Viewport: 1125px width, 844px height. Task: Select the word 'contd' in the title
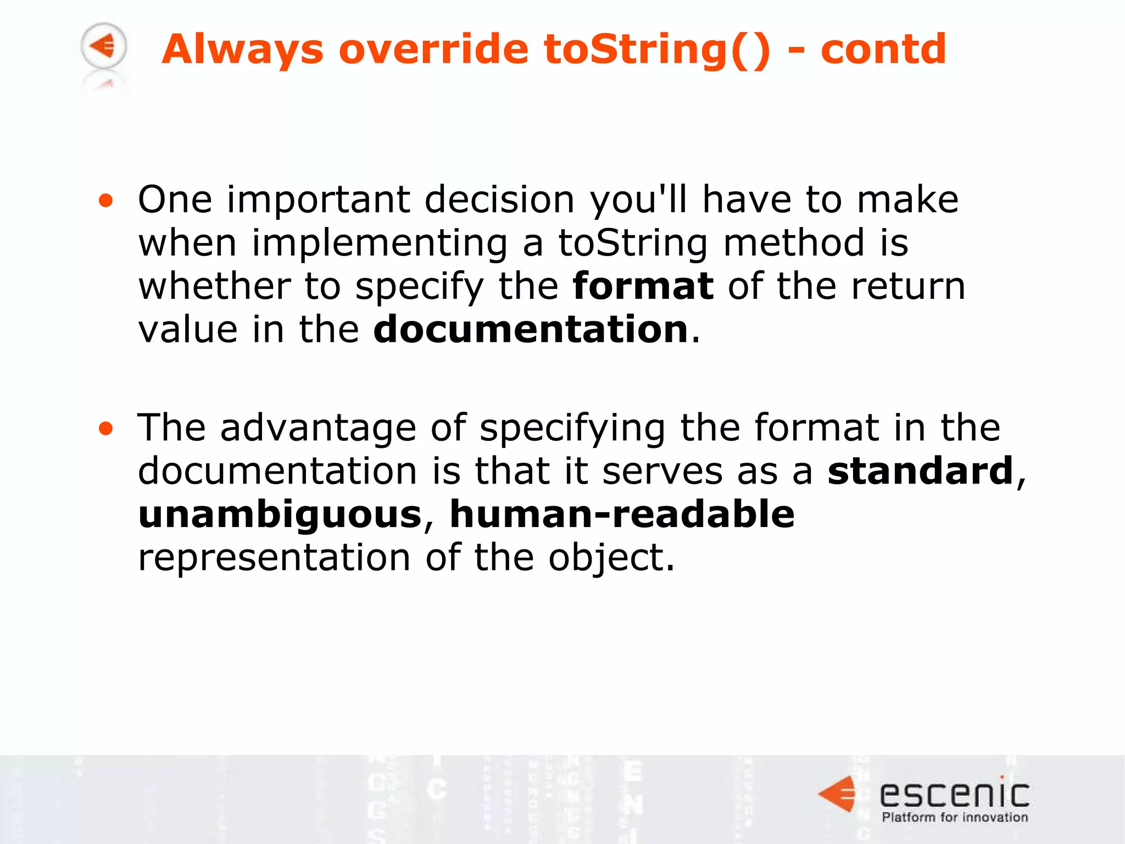click(x=883, y=49)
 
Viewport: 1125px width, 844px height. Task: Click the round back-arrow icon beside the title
click(x=104, y=46)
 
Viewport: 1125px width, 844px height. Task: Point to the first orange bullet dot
click(x=105, y=201)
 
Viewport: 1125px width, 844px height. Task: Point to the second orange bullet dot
click(x=105, y=429)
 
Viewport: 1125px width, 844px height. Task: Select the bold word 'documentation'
click(x=531, y=329)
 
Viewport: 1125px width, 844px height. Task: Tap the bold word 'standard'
click(x=920, y=471)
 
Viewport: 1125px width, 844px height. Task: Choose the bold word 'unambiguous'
click(x=280, y=514)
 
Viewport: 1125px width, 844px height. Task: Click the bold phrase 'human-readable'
click(x=622, y=514)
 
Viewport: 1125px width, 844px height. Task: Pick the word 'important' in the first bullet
click(x=318, y=200)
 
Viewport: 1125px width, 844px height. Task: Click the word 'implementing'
click(x=380, y=243)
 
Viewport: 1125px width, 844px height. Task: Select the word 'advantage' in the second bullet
click(x=318, y=427)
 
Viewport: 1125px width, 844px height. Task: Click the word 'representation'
click(x=274, y=557)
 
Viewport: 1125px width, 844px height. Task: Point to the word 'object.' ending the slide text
click(x=611, y=558)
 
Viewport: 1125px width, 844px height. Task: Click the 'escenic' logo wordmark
click(x=955, y=795)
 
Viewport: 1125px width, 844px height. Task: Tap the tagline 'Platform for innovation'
click(x=955, y=817)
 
